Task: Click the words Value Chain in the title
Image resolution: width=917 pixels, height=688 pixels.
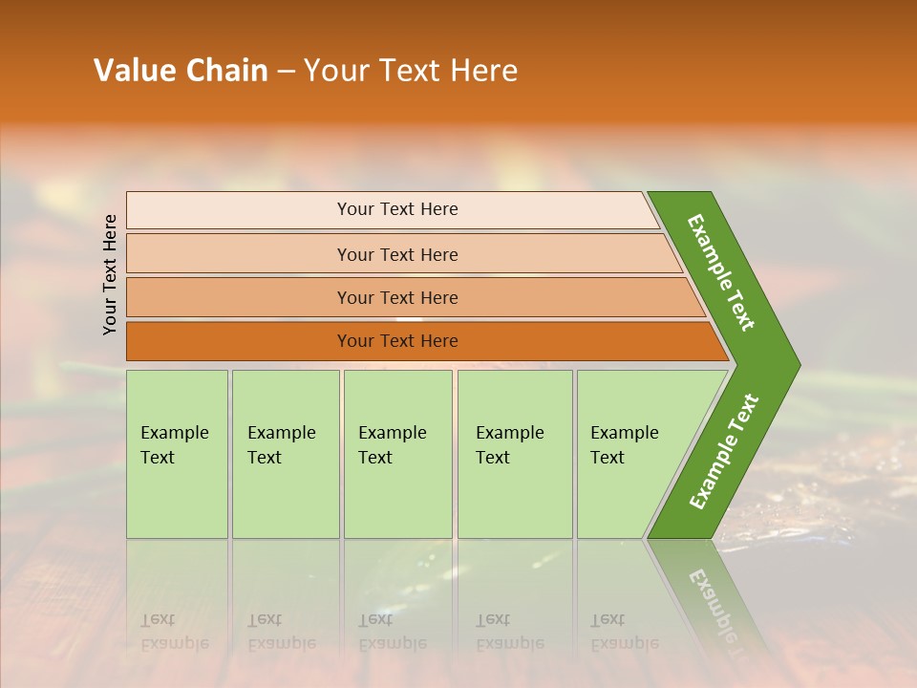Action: click(181, 71)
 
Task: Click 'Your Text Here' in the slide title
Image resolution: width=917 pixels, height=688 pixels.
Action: click(411, 71)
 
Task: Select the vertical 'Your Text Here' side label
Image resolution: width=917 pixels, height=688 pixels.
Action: click(110, 274)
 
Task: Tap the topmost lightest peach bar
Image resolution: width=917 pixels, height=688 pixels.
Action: click(239, 210)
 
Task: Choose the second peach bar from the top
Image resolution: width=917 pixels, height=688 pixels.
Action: click(239, 254)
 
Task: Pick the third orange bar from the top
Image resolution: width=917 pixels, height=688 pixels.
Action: click(239, 297)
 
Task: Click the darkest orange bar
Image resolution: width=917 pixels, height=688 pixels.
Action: click(239, 341)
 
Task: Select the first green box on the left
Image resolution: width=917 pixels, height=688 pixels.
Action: click(177, 497)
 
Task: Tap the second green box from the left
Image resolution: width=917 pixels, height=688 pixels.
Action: click(285, 497)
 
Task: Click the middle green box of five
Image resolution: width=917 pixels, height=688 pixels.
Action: click(397, 497)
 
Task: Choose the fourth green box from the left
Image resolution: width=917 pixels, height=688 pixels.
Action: click(515, 497)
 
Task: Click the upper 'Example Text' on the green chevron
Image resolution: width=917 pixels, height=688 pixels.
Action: click(721, 272)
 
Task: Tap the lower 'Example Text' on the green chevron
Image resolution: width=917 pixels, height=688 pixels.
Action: click(723, 452)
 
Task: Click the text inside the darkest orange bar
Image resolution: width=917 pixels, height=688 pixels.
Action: click(397, 341)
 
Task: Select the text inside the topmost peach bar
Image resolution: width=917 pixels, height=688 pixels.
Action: click(397, 209)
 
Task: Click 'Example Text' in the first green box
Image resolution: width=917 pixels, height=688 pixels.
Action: click(174, 445)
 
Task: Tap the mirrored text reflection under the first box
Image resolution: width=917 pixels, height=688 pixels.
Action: click(174, 632)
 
